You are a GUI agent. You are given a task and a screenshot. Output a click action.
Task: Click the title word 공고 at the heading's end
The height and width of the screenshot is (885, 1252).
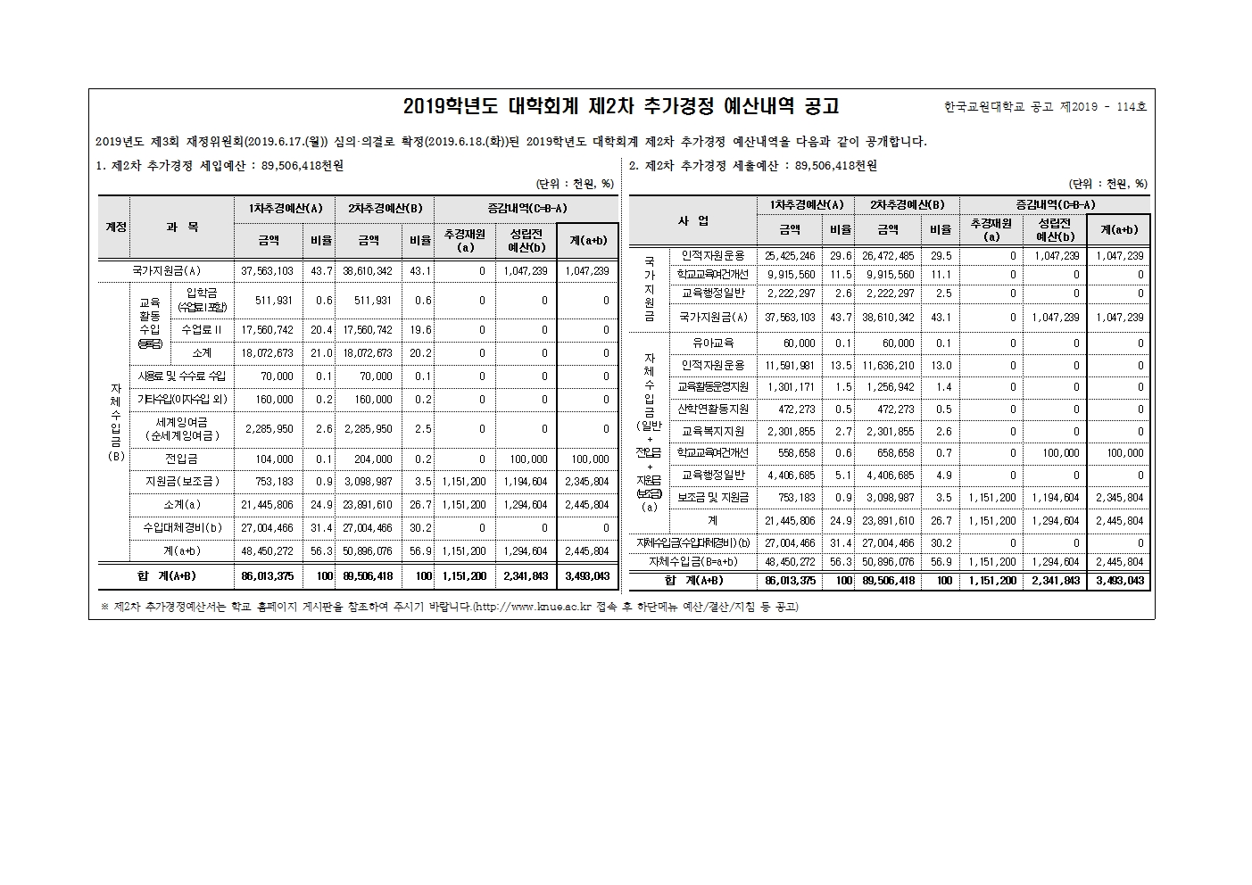click(821, 106)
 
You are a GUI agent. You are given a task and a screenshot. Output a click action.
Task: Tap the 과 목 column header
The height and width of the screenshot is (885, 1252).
click(182, 227)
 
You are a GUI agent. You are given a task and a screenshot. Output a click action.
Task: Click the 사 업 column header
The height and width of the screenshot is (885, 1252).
click(693, 220)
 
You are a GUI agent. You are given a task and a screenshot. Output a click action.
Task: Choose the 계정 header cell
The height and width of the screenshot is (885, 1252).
click(115, 227)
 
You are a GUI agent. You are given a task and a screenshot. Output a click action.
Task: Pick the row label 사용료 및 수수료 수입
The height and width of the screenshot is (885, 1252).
click(182, 376)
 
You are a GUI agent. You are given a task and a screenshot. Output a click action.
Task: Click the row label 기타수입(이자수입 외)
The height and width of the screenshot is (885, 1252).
click(182, 400)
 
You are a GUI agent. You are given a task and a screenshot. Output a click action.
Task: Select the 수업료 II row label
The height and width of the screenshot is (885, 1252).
click(202, 330)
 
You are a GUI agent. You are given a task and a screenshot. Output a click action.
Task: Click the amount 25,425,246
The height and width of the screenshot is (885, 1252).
click(790, 256)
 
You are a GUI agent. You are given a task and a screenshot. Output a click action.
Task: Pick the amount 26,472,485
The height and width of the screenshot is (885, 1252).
click(888, 256)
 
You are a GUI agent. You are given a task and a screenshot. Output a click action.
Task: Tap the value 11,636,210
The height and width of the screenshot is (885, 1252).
click(888, 366)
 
